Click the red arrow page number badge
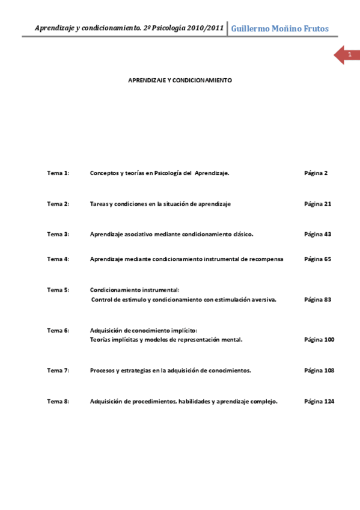click(347, 55)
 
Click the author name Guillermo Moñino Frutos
click(280, 28)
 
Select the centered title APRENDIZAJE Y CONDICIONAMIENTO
click(180, 80)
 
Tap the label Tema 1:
click(58, 173)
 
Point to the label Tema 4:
click(58, 259)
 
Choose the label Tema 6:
click(58, 330)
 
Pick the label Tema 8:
click(58, 402)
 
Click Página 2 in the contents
click(316, 173)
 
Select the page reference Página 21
click(317, 204)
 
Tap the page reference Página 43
click(317, 234)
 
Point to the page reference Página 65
click(317, 259)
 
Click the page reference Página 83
click(317, 300)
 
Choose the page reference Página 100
click(319, 340)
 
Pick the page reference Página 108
click(319, 370)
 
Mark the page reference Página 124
click(319, 402)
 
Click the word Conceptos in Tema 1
click(104, 173)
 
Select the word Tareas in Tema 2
click(99, 204)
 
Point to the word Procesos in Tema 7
click(102, 370)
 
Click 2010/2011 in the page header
click(206, 28)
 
